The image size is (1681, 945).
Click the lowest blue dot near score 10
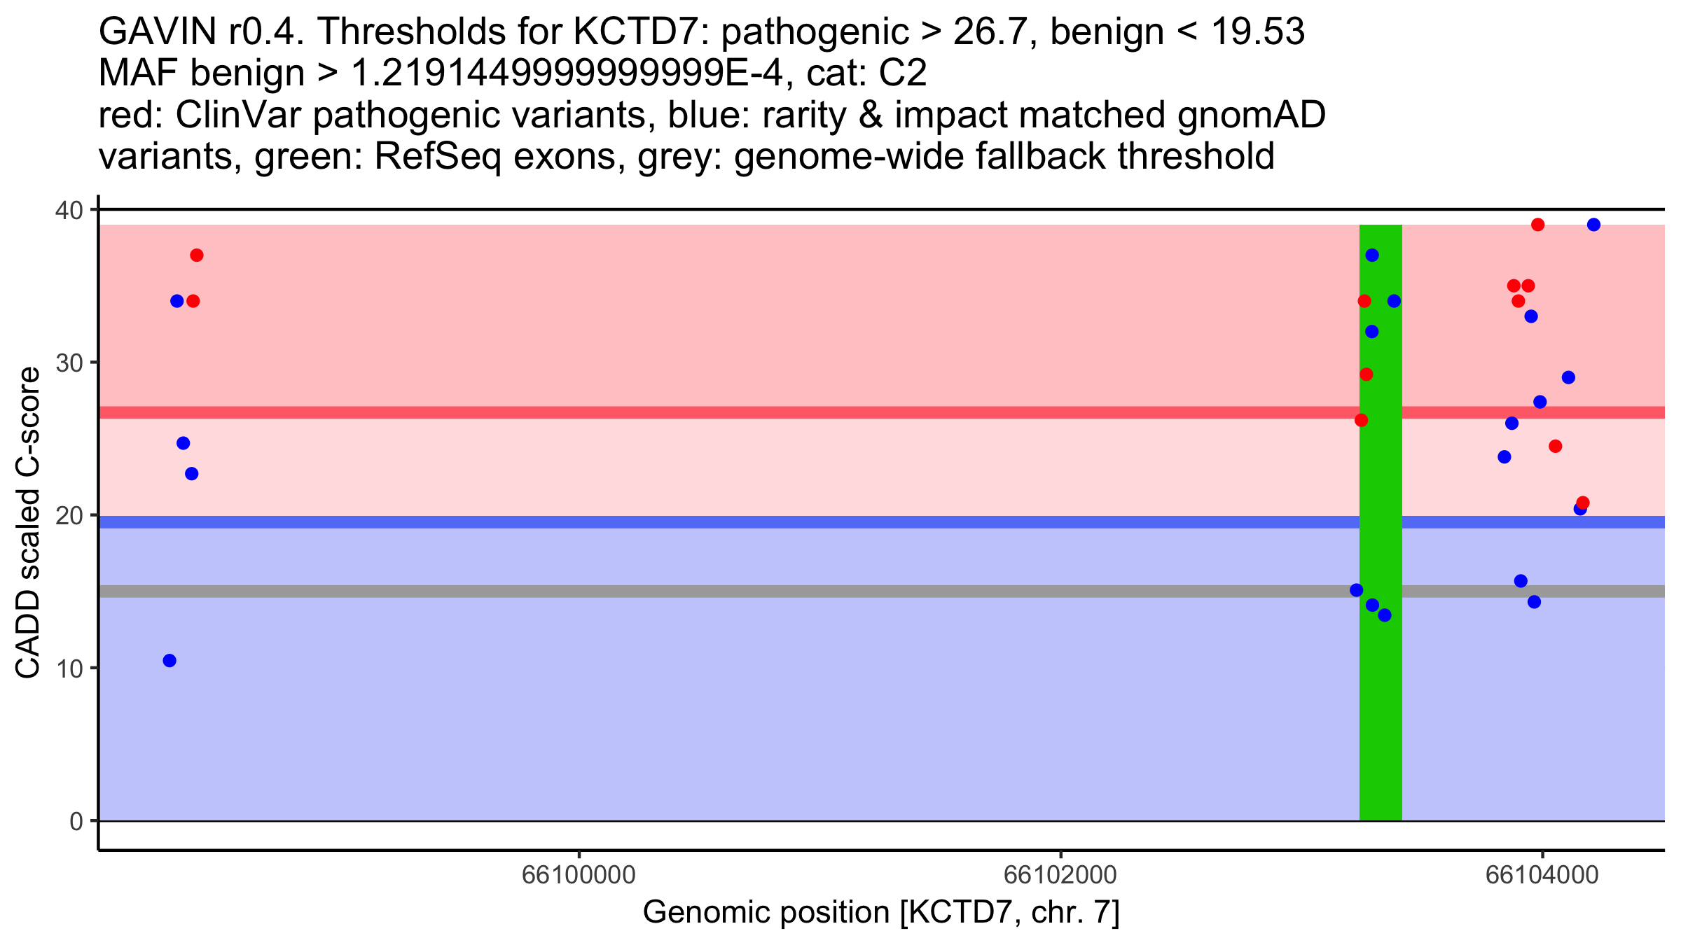click(170, 661)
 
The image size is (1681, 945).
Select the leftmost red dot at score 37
click(197, 255)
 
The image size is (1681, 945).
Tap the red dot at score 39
click(1538, 225)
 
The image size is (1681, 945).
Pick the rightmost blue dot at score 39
click(1594, 225)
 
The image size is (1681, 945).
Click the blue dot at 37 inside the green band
click(1372, 255)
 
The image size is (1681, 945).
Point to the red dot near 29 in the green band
click(1367, 374)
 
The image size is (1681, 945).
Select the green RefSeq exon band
click(1381, 522)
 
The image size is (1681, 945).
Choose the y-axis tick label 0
click(76, 821)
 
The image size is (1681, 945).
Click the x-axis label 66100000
click(579, 875)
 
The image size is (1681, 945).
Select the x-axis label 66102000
click(1060, 875)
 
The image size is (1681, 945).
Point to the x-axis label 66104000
click(1542, 875)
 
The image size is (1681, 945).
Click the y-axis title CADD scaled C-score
click(28, 522)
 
